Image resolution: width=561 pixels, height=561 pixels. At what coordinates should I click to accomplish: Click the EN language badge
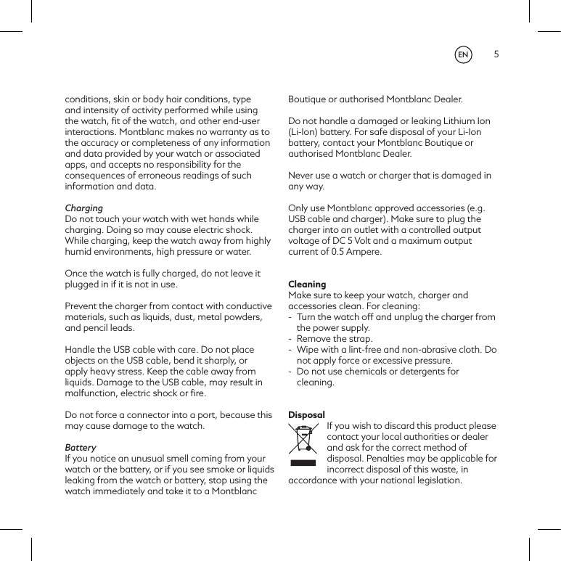(x=462, y=55)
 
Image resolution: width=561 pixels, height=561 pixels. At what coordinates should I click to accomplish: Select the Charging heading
(x=84, y=208)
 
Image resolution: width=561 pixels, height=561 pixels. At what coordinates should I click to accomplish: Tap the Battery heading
(x=81, y=448)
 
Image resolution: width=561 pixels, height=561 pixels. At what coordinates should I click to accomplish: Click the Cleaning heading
(x=307, y=284)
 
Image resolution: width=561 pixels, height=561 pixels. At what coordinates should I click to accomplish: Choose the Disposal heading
(x=306, y=415)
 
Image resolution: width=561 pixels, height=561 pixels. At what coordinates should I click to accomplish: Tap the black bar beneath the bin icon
(x=305, y=463)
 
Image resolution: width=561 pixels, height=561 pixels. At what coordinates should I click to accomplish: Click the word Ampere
(x=362, y=252)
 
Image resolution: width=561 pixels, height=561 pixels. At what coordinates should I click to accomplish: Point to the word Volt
(x=376, y=241)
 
